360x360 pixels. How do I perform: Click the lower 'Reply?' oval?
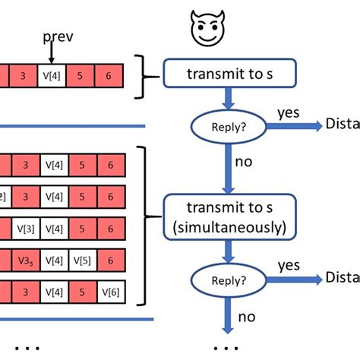coord(227,278)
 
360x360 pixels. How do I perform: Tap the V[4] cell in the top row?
coord(52,77)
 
